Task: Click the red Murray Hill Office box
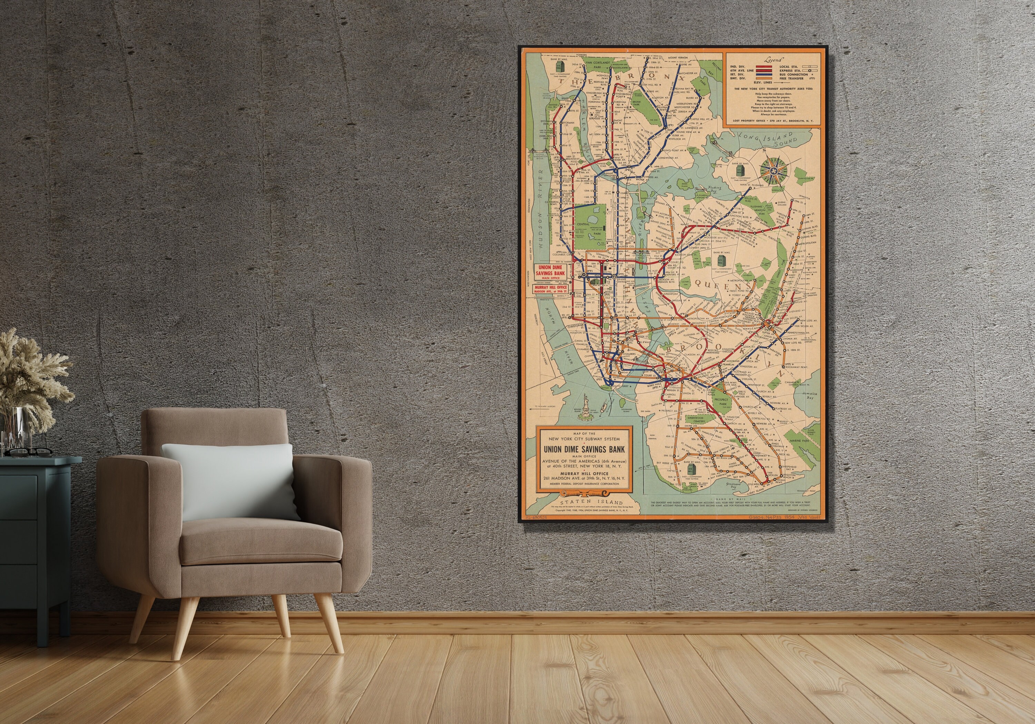(x=551, y=289)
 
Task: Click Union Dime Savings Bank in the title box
(x=584, y=449)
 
